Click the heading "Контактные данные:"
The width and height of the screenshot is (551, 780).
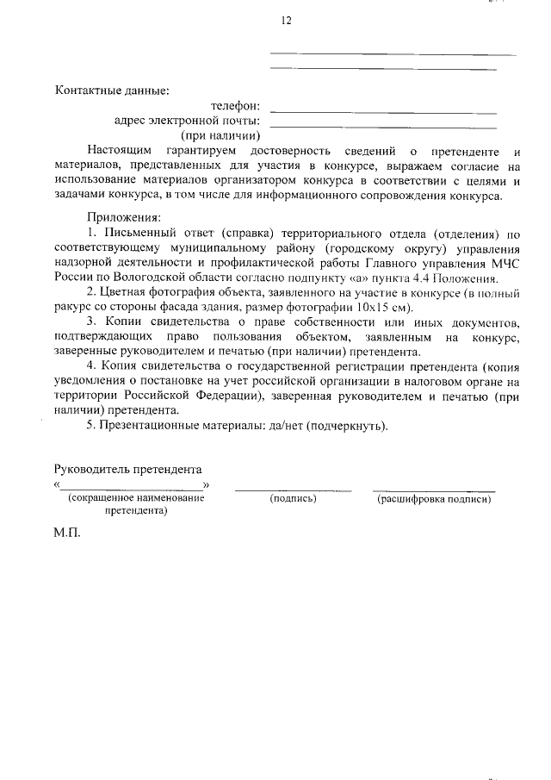point(112,90)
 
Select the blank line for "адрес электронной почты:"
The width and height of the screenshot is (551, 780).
point(383,125)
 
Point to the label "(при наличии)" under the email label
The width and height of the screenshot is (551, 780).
point(219,136)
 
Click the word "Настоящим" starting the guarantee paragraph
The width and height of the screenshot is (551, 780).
point(115,152)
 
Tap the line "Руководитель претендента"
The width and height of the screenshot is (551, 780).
point(128,470)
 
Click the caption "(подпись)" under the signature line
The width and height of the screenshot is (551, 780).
point(293,499)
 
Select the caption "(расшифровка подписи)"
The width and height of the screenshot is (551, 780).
point(433,499)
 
